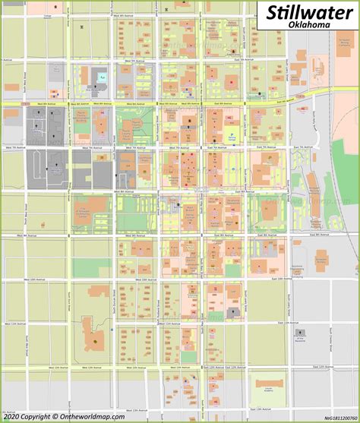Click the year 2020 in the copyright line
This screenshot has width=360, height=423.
coord(13,416)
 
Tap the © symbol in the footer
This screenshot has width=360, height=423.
coord(55,416)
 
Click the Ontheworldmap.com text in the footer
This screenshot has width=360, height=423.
coord(95,416)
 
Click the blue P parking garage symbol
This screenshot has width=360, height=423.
coord(232,136)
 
